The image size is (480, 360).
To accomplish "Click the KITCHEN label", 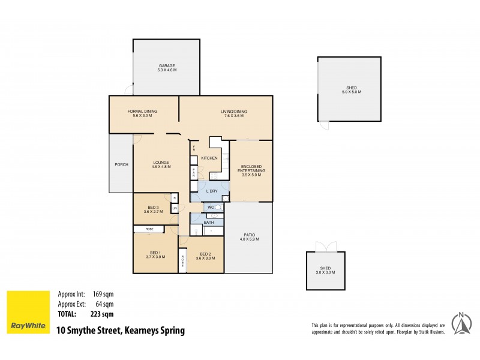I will click(209, 158).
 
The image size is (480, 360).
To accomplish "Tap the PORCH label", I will click(121, 165).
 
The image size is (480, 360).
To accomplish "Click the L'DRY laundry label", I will click(211, 191).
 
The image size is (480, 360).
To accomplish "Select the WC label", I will click(211, 207).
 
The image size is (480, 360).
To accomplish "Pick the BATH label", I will click(208, 223).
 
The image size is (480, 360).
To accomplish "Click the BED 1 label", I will click(155, 254).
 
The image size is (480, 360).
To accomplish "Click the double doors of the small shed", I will click(326, 247).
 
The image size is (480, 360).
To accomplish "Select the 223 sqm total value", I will click(103, 313).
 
